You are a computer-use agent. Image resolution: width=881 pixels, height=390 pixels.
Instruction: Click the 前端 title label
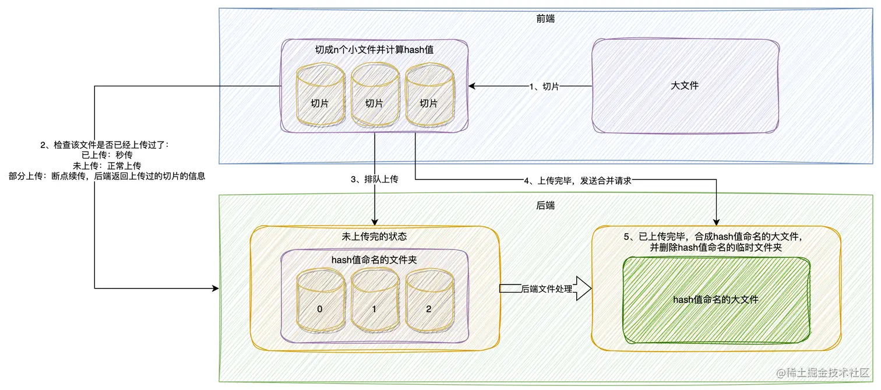coord(545,19)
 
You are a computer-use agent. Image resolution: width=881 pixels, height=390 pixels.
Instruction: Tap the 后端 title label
coord(545,205)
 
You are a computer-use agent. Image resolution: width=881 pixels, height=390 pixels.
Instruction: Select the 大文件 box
coord(685,86)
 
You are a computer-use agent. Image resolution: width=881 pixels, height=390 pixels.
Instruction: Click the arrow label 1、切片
coord(544,86)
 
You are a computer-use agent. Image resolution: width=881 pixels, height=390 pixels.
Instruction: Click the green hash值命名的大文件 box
coord(716,300)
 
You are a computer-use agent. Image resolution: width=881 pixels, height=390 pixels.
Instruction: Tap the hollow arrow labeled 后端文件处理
coord(544,289)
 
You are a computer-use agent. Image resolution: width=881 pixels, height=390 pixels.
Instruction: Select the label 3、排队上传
coord(374,180)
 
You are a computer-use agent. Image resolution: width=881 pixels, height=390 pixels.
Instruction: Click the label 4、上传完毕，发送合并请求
coord(577,181)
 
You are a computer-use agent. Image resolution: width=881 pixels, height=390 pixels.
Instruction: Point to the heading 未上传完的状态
coord(374,237)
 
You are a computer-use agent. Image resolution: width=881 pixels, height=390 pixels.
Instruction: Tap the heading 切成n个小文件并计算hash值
coord(374,50)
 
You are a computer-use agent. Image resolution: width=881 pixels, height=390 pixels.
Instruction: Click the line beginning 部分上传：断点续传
coord(107,175)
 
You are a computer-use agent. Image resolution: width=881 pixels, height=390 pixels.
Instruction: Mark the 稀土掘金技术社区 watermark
coord(827,371)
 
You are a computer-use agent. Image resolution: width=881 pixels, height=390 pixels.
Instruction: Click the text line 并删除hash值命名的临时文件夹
coord(716,248)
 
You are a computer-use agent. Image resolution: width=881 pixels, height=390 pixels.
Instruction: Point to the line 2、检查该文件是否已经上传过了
coord(105,145)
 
